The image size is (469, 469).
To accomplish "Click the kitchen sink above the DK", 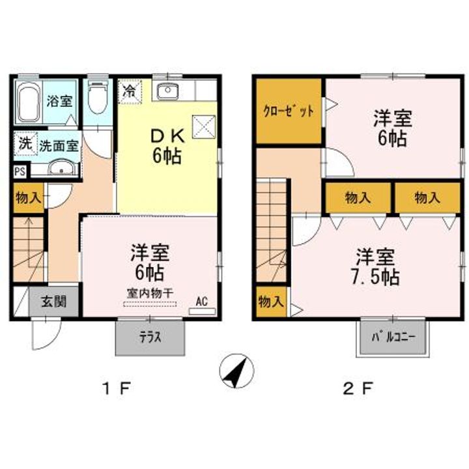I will [171, 91].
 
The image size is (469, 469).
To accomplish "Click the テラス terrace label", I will [149, 337].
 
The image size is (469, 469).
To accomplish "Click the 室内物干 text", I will [150, 293].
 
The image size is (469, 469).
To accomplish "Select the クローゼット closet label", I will [289, 111].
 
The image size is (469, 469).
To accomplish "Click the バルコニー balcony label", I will [393, 337].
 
